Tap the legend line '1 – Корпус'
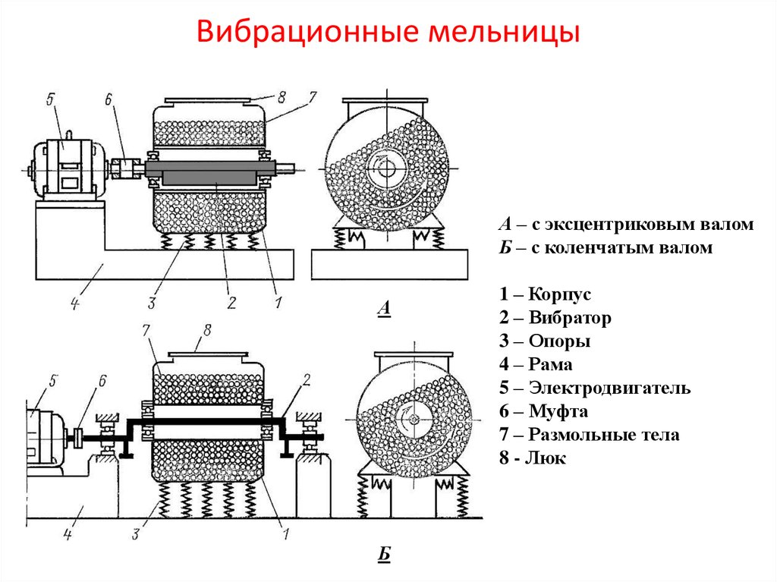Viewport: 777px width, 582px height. click(x=544, y=294)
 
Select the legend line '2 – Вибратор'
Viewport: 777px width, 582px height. click(x=555, y=318)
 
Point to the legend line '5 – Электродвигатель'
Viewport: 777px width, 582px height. click(x=594, y=389)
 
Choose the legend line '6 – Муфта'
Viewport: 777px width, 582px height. click(x=543, y=412)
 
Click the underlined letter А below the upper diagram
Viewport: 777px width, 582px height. click(x=383, y=308)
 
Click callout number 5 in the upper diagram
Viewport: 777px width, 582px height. click(x=50, y=99)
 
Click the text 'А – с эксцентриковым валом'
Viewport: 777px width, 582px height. click(x=626, y=225)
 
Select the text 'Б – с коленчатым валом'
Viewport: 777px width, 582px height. click(x=606, y=248)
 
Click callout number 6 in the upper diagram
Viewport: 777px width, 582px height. click(x=108, y=99)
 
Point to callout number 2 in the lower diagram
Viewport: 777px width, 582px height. click(x=307, y=379)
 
